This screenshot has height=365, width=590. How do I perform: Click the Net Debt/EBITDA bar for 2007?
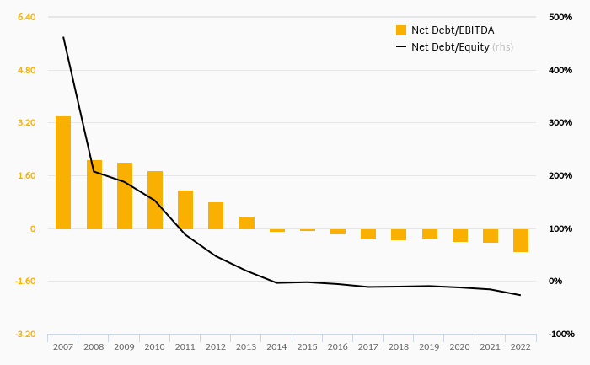63,173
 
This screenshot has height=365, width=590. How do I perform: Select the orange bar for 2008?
94,195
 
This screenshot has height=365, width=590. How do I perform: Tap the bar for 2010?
155,200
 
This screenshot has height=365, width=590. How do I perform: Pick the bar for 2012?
216,216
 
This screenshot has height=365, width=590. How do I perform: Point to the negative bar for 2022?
521,240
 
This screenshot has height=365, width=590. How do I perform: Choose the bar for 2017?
368,234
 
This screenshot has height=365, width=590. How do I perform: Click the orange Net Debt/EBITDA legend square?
401,30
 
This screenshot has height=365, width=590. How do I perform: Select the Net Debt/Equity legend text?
462,47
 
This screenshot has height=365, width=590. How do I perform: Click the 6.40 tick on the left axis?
26,17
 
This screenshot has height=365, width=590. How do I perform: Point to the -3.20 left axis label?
24,335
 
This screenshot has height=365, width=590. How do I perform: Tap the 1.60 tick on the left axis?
26,175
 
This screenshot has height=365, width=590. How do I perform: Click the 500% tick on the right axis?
560,17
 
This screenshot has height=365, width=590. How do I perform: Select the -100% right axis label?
560,335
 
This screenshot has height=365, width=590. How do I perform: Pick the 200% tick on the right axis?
560,175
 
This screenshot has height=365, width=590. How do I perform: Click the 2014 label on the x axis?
276,346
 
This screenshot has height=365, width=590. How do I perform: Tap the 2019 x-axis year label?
429,346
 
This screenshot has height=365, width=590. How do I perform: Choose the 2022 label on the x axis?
521,346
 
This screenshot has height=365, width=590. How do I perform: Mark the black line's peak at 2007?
63,37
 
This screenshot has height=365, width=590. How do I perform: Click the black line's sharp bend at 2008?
94,171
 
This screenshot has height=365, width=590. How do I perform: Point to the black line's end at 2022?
521,295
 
